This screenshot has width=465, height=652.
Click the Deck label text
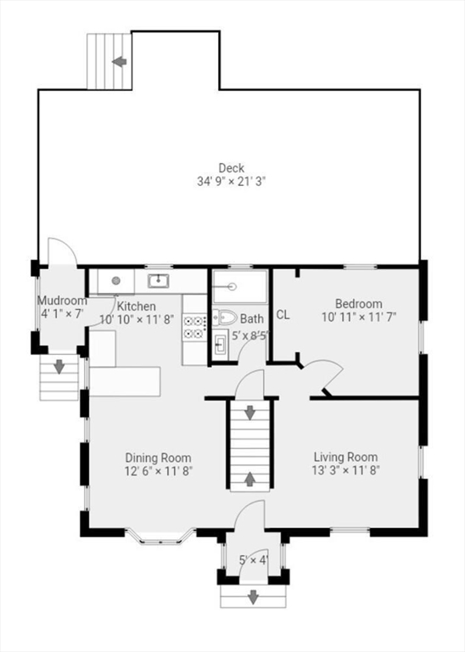click(x=231, y=168)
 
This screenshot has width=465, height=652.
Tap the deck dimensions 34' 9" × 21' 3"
click(x=231, y=181)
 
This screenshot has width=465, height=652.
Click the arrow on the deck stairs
click(x=120, y=61)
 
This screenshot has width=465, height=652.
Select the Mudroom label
click(x=61, y=301)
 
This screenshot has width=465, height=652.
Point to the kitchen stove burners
click(x=194, y=327)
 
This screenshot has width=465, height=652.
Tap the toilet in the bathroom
click(x=224, y=318)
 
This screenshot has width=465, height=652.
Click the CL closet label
click(x=283, y=315)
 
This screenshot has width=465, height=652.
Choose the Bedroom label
click(x=358, y=304)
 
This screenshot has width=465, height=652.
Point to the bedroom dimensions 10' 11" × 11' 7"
click(x=358, y=317)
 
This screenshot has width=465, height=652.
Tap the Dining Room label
click(x=158, y=458)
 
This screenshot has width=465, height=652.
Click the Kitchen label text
click(x=136, y=306)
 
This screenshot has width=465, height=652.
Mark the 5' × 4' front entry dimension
click(x=253, y=559)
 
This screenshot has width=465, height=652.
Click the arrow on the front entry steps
click(x=253, y=598)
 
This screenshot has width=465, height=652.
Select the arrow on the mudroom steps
click(x=59, y=368)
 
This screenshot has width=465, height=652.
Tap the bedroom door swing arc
click(x=327, y=374)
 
